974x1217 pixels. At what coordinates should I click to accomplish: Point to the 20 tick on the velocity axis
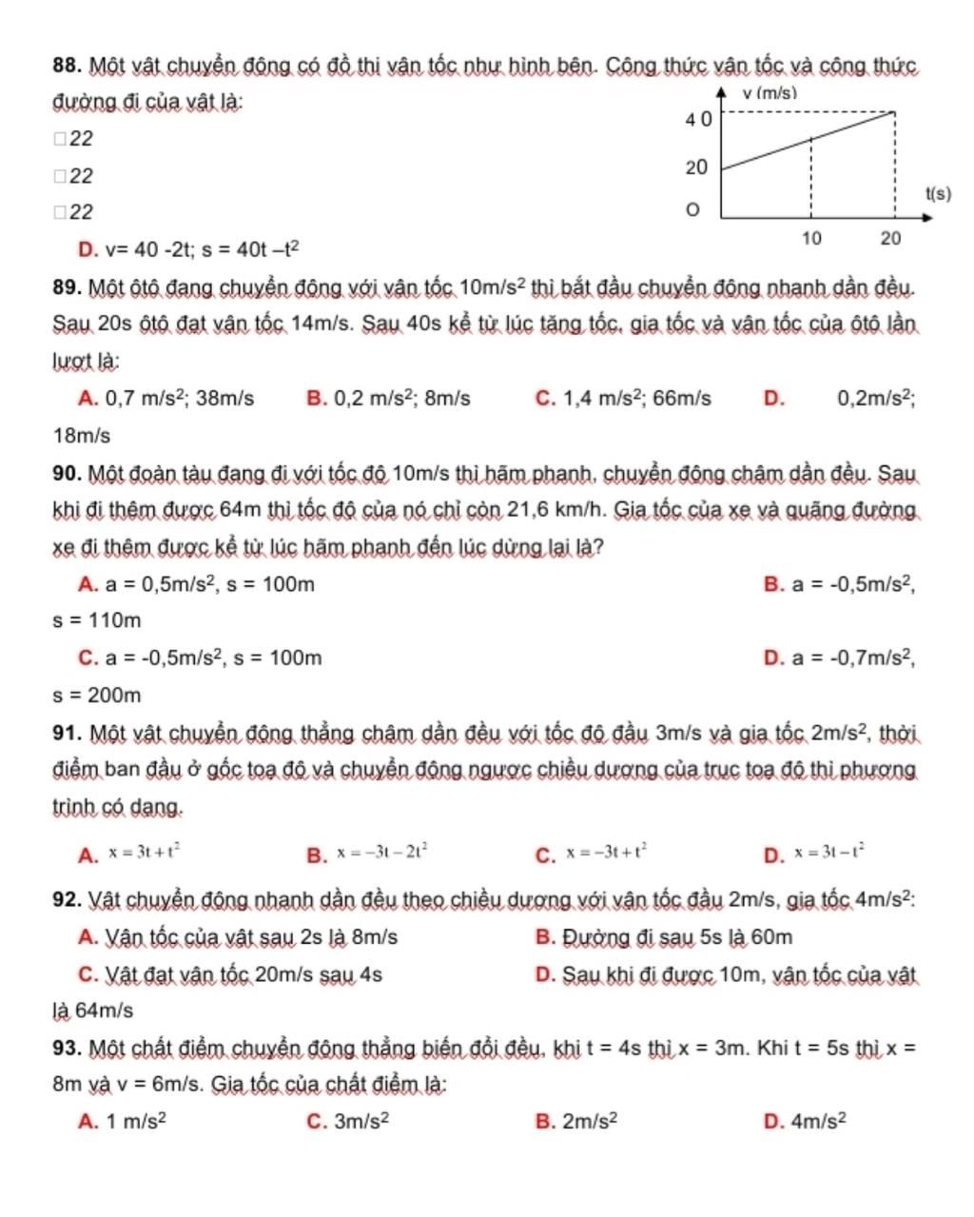click(696, 168)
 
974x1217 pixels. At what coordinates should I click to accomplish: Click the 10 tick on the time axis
click(810, 238)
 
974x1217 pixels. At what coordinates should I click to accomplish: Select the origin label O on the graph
click(694, 209)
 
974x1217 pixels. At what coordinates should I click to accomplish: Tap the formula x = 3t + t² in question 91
click(143, 854)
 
